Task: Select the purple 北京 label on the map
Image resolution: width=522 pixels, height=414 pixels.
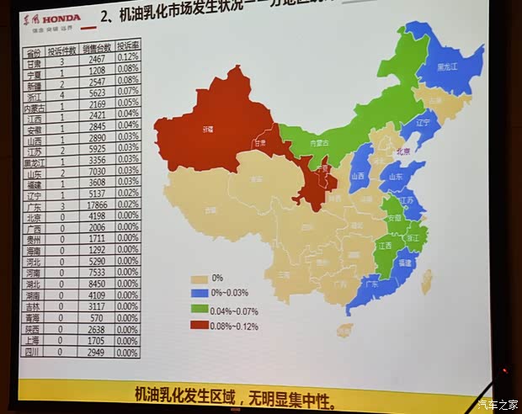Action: point(402,151)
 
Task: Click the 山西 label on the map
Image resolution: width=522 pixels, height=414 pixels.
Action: point(358,177)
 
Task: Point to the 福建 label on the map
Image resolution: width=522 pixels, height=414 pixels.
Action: point(405,262)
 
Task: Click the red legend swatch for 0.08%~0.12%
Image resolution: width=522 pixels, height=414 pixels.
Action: point(200,325)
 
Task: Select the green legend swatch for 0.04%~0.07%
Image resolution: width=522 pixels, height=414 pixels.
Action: point(200,309)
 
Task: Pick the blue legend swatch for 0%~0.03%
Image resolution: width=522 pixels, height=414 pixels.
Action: point(200,293)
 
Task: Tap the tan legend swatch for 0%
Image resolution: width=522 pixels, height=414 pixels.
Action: point(200,278)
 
